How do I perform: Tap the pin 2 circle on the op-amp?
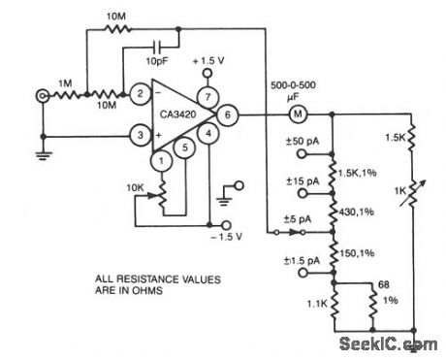point(141,94)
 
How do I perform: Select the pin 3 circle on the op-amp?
point(141,137)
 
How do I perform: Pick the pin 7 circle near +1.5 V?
point(206,94)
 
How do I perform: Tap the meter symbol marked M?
point(300,115)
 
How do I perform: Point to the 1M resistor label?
point(64,81)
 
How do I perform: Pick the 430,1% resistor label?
point(355,211)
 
